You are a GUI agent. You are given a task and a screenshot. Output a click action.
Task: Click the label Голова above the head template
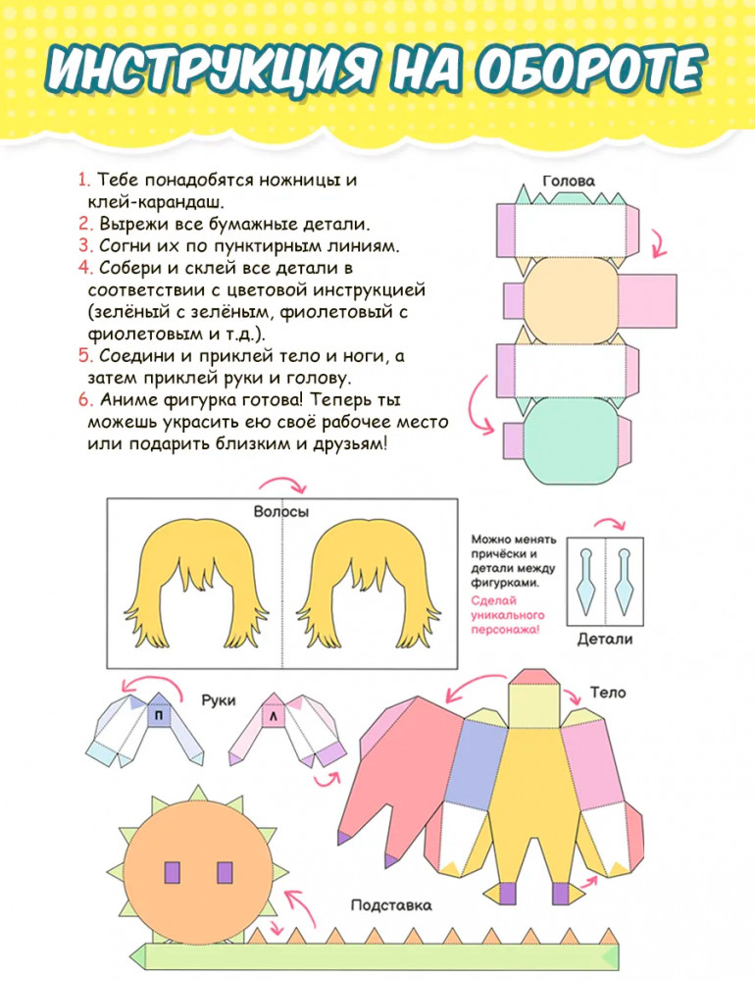[569, 181]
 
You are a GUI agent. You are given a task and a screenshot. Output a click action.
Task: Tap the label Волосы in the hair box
[280, 512]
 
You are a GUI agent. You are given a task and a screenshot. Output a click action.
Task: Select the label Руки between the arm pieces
[219, 700]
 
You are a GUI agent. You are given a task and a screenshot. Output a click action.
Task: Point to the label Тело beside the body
[607, 693]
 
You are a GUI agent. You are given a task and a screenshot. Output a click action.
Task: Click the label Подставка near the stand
[391, 905]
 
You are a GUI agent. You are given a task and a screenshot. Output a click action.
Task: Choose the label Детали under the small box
[604, 640]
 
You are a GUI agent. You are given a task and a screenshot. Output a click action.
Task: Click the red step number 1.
[84, 181]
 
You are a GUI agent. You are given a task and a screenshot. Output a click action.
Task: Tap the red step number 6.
[85, 400]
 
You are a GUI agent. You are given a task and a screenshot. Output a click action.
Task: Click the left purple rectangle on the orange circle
[172, 872]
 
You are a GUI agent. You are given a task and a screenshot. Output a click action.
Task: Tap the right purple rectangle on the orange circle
[225, 872]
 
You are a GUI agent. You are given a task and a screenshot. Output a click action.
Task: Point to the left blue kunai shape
[586, 581]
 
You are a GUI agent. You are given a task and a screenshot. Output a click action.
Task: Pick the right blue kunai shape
[625, 581]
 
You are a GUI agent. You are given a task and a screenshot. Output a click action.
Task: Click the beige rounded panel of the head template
[571, 300]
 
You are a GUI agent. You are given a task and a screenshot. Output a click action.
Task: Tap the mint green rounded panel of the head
[571, 440]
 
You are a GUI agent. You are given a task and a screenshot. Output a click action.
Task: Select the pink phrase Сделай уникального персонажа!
[508, 615]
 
